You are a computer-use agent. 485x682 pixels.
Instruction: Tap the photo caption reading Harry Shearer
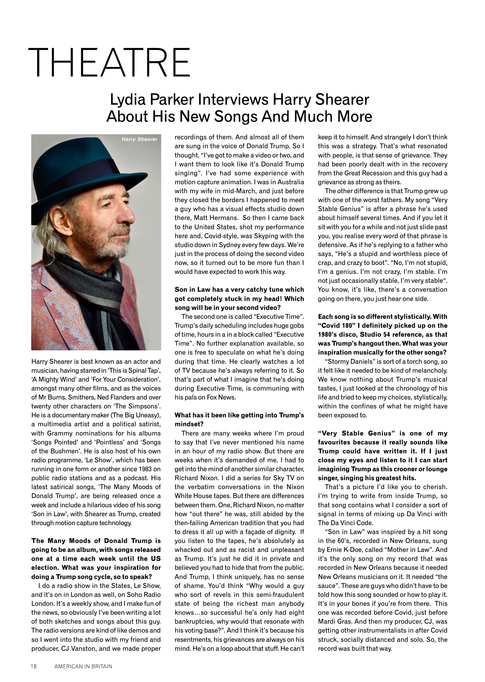tap(139, 139)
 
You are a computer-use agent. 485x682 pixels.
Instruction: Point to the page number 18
tap(34, 666)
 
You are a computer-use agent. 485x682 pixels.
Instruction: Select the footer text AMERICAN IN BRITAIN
tap(83, 666)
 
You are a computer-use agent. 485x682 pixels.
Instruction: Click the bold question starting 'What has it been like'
tap(239, 415)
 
